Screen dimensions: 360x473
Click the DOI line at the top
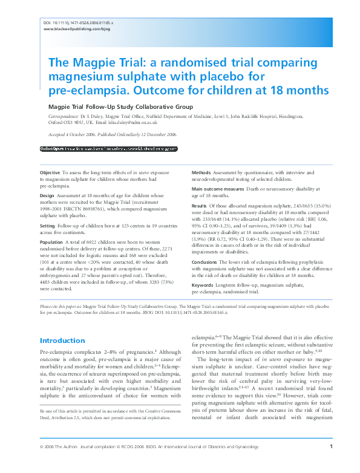79,22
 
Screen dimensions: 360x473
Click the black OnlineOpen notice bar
108,148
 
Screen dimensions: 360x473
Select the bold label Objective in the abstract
50,173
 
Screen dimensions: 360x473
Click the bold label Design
47,196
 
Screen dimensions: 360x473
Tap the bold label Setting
48,226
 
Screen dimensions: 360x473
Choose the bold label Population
51,241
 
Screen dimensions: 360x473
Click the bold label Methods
201,173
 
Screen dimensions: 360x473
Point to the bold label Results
200,206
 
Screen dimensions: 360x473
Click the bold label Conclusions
205,262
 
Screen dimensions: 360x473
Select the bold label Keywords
202,284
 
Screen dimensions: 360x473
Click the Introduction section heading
62,341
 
